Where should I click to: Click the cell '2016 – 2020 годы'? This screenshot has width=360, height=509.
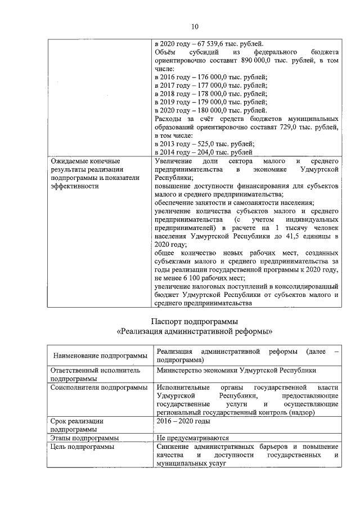184,421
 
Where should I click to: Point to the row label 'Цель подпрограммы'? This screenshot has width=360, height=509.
82,447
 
